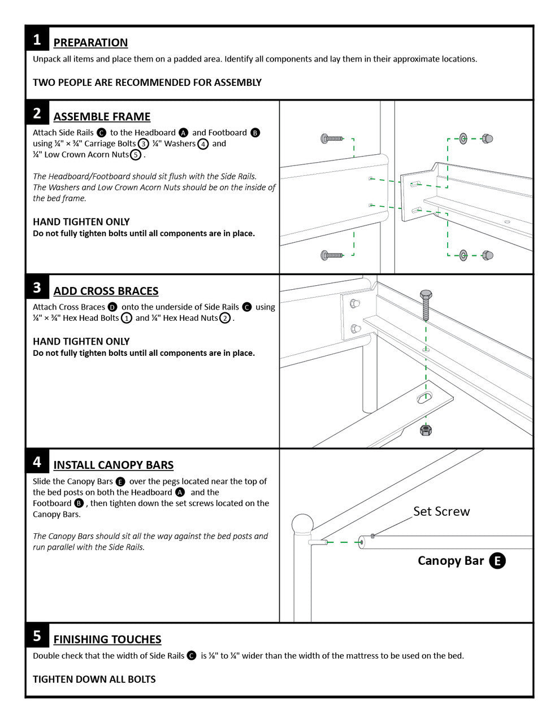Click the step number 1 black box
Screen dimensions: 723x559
click(x=37, y=40)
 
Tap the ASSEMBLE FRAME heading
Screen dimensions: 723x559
click(x=102, y=117)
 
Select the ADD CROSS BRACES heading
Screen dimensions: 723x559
click(x=106, y=291)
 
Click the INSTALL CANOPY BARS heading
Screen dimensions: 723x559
click(x=113, y=465)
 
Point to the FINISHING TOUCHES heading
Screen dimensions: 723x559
click(x=107, y=639)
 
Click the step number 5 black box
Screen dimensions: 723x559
click(x=37, y=636)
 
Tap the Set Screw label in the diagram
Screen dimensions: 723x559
click(x=441, y=511)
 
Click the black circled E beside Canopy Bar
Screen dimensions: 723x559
click(x=497, y=560)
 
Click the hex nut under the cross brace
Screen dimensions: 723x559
click(x=426, y=430)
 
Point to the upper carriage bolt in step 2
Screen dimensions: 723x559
click(x=332, y=138)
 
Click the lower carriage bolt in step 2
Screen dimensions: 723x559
click(x=332, y=255)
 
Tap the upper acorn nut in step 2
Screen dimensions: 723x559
click(x=487, y=138)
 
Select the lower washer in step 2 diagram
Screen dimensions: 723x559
click(x=463, y=255)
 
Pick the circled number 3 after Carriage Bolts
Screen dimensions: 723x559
click(x=144, y=143)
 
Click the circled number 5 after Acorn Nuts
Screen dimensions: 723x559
click(x=136, y=155)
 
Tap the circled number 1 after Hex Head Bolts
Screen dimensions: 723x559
click(x=127, y=318)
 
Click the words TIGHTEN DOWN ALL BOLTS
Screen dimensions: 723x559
click(x=94, y=679)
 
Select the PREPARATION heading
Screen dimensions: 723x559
click(x=90, y=43)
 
